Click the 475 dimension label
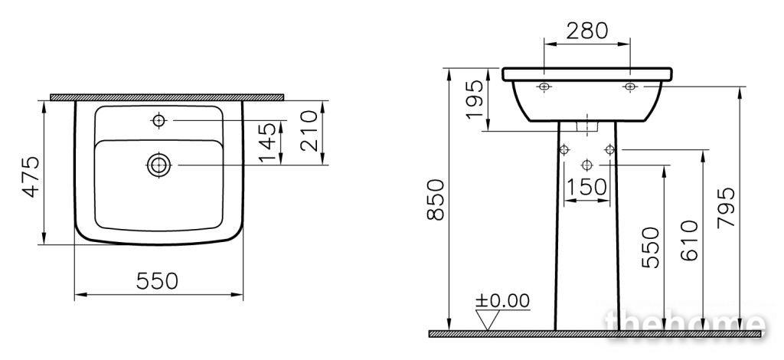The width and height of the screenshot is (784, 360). click(x=32, y=178)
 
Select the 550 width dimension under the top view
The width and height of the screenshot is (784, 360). click(x=157, y=282)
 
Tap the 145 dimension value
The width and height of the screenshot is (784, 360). click(x=267, y=142)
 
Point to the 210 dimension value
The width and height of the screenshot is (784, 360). click(x=310, y=130)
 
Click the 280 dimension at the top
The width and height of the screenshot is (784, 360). click(x=587, y=31)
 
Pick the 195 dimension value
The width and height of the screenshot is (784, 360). click(x=475, y=100)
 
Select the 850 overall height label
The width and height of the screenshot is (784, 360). click(x=436, y=200)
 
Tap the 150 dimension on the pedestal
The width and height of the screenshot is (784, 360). click(x=587, y=187)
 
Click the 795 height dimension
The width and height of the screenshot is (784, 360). click(x=726, y=208)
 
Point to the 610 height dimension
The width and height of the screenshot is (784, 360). click(x=690, y=241)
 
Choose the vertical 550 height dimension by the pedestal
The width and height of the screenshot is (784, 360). click(x=651, y=247)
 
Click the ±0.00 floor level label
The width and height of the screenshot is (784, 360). click(x=502, y=300)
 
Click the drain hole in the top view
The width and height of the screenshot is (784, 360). click(x=159, y=165)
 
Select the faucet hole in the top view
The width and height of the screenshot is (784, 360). click(x=159, y=120)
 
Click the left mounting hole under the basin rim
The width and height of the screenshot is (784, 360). click(x=544, y=87)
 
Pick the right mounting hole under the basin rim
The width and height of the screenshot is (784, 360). click(x=630, y=87)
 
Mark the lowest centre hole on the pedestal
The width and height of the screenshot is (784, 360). click(x=587, y=165)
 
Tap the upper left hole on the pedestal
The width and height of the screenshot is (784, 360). click(x=564, y=149)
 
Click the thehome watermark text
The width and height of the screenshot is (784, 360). click(x=684, y=322)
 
